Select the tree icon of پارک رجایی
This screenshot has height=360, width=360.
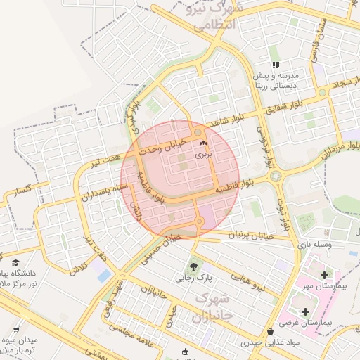(193, 266)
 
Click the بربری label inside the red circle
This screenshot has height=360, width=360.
(202, 153)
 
